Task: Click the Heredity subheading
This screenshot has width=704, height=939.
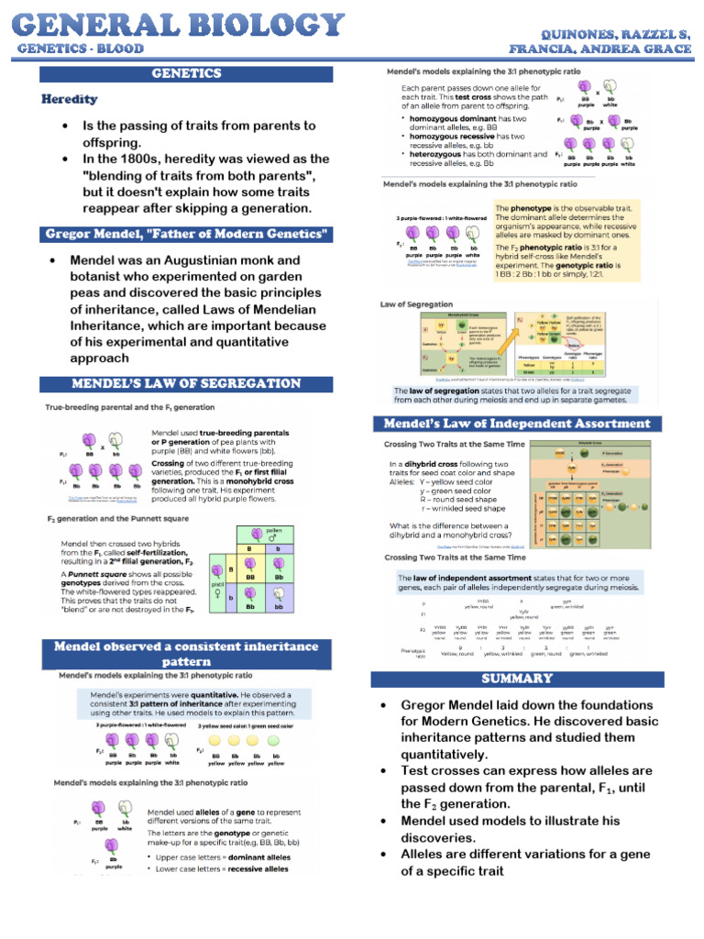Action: point(69,99)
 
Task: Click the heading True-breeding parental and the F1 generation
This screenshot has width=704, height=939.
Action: point(131,406)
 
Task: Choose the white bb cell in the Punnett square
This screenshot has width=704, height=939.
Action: point(280,606)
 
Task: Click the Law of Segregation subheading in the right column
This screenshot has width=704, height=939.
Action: point(417,304)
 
